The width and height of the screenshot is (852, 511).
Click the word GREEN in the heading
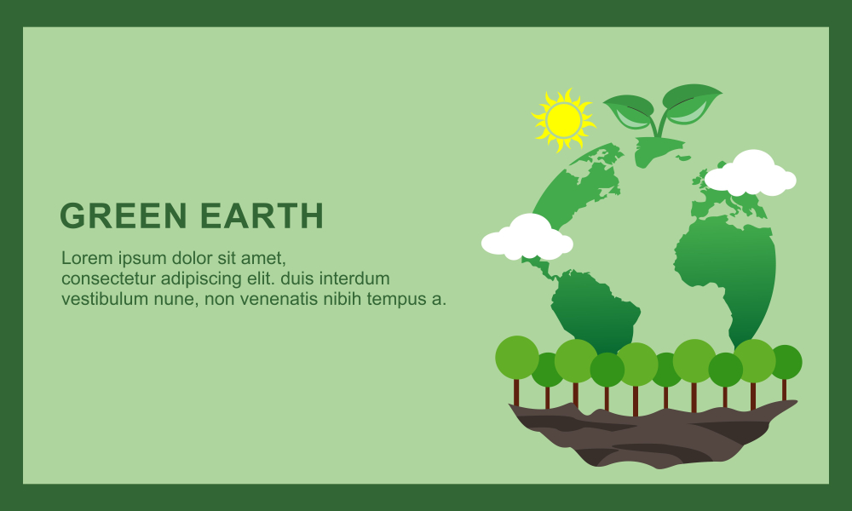click(x=124, y=215)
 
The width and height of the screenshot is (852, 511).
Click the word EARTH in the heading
click(x=262, y=215)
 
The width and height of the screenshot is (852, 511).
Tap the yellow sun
click(x=563, y=120)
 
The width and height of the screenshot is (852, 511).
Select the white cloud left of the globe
click(x=527, y=238)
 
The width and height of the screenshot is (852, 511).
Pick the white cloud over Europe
click(x=751, y=173)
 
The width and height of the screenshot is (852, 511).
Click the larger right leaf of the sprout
click(x=691, y=103)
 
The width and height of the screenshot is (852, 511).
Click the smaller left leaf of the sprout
click(x=630, y=111)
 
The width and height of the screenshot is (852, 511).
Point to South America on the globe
click(x=595, y=309)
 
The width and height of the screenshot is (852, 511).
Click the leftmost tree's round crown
click(x=517, y=358)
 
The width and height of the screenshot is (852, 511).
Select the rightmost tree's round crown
click(x=786, y=362)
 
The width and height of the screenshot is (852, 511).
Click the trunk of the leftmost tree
click(x=516, y=392)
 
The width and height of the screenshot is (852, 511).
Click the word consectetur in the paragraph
click(x=109, y=278)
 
